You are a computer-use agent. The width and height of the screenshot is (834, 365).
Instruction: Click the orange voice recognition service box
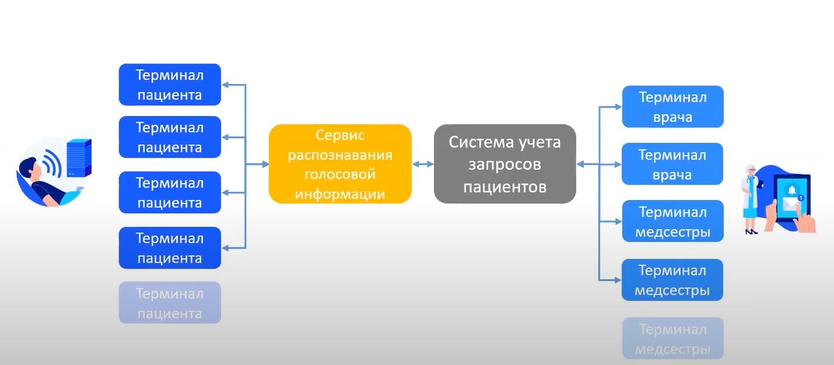tap(340, 164)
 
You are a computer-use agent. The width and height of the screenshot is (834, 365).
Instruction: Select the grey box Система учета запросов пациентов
tap(504, 164)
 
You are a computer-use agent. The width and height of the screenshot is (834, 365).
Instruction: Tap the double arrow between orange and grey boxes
tap(423, 164)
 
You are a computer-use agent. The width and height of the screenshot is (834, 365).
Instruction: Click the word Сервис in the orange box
tap(340, 135)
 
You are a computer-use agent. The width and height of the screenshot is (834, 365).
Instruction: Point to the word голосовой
tap(340, 174)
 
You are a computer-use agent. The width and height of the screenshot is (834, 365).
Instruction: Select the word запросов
tap(504, 164)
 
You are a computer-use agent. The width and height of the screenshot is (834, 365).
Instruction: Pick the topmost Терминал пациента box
tap(170, 85)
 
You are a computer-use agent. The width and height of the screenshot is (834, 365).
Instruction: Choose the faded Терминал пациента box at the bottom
tap(170, 303)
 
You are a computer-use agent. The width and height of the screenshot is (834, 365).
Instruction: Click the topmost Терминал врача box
tap(672, 107)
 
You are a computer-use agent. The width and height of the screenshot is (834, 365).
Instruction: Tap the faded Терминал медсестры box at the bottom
tap(672, 339)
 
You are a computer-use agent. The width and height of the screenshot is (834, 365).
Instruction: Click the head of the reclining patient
tap(29, 169)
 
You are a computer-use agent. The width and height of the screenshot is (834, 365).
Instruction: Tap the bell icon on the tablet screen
tap(791, 190)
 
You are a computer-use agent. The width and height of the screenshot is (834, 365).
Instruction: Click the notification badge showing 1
tap(801, 198)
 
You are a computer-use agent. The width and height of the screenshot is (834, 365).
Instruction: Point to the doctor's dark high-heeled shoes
tap(751, 231)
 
